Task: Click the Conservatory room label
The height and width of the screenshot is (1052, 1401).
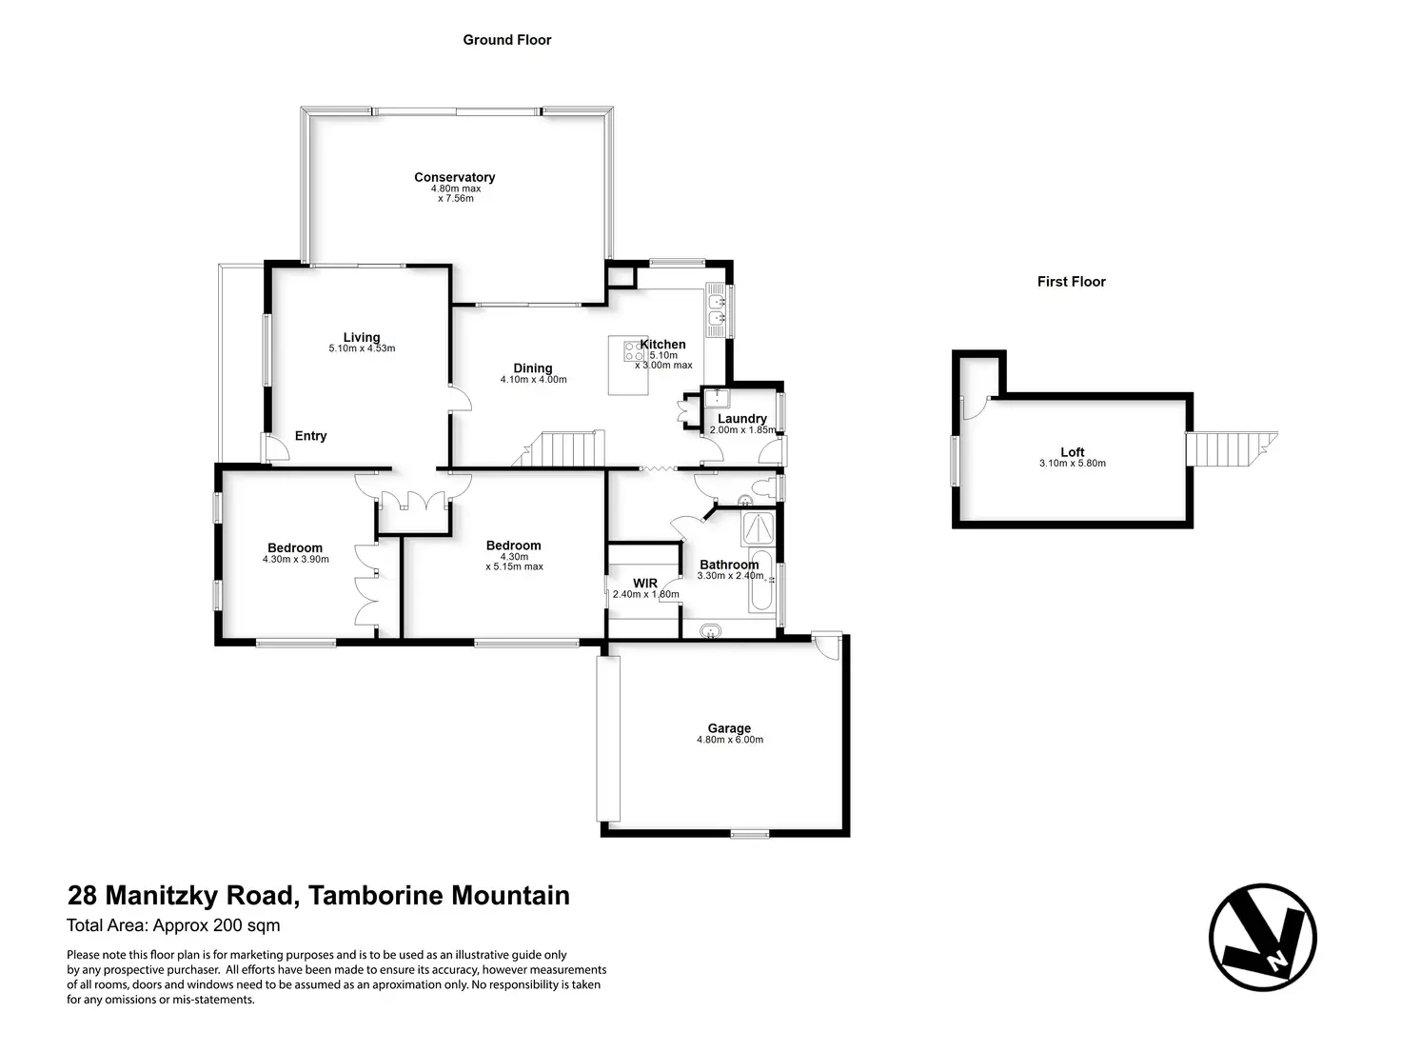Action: coord(454,177)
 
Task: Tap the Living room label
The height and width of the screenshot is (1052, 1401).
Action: coord(362,337)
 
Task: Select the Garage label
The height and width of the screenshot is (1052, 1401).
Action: coord(729,728)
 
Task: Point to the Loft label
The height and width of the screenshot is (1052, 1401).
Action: coord(1073,452)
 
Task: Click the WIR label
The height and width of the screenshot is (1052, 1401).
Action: coord(645,584)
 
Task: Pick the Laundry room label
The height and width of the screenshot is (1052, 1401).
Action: coord(742,419)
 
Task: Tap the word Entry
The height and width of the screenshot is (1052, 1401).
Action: coord(310,436)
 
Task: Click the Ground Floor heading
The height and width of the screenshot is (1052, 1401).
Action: coord(507,40)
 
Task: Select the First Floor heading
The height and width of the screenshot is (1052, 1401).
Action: coord(1072,282)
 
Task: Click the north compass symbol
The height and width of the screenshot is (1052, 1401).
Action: coord(1262,937)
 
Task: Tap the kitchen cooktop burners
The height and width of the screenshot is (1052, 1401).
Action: coord(632,351)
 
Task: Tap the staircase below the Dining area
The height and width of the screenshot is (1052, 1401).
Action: coord(564,448)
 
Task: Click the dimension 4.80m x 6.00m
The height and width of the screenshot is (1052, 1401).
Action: coord(729,740)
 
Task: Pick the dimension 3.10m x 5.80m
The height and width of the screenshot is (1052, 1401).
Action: coord(1073,464)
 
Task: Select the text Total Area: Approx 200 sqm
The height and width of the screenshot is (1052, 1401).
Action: coord(173,925)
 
